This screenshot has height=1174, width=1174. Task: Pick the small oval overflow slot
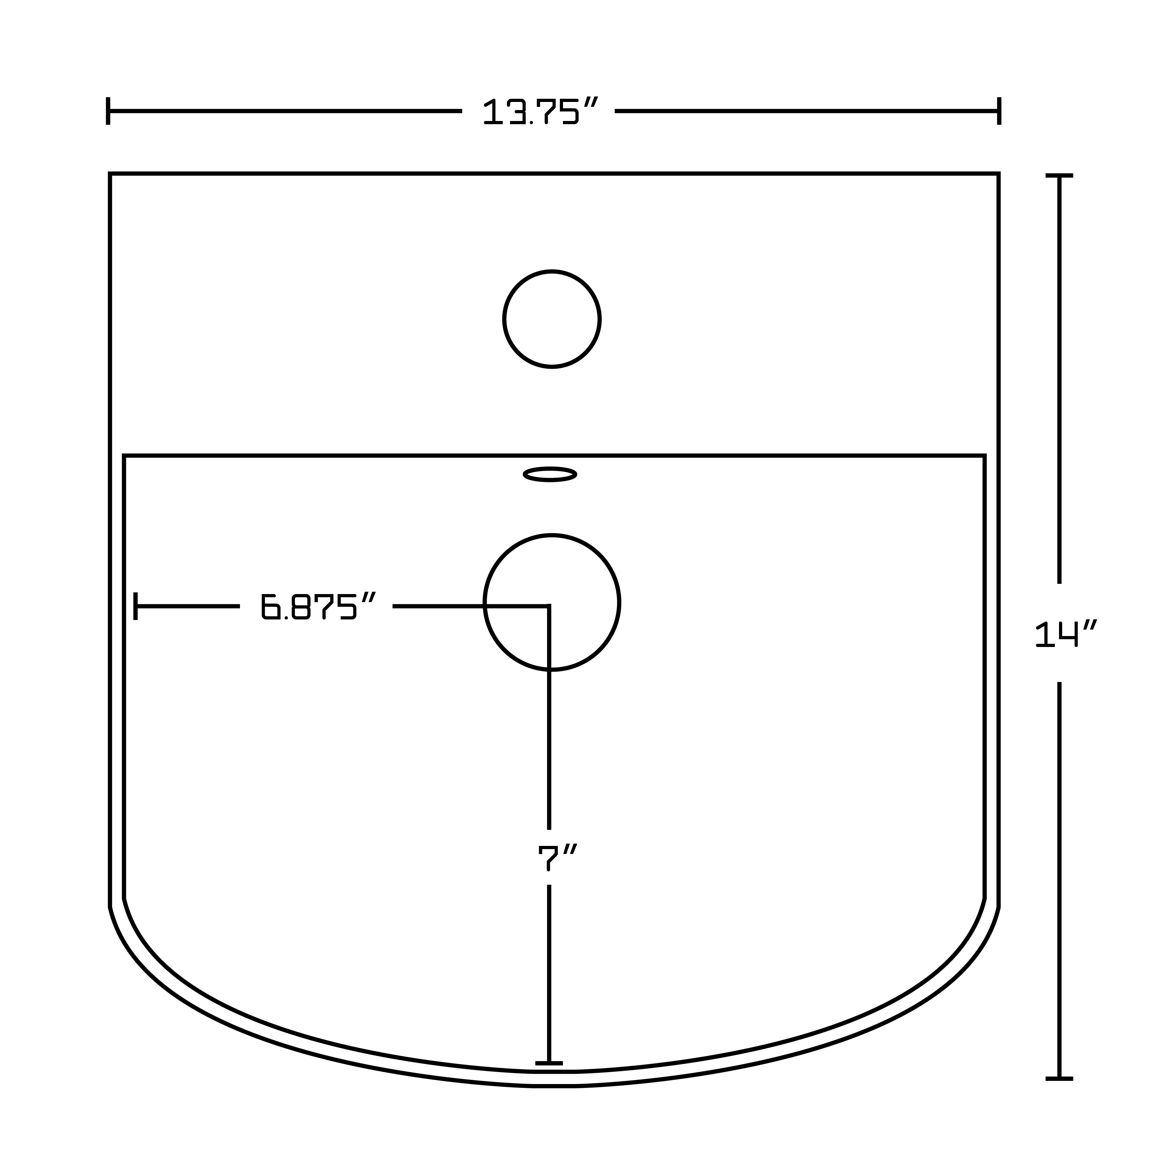[x=550, y=474]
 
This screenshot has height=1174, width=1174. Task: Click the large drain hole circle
[x=552, y=535]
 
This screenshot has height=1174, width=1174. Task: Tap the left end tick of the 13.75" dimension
[x=108, y=111]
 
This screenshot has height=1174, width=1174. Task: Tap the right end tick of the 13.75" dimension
[x=999, y=111]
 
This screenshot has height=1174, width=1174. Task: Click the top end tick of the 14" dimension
[x=1059, y=176]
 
